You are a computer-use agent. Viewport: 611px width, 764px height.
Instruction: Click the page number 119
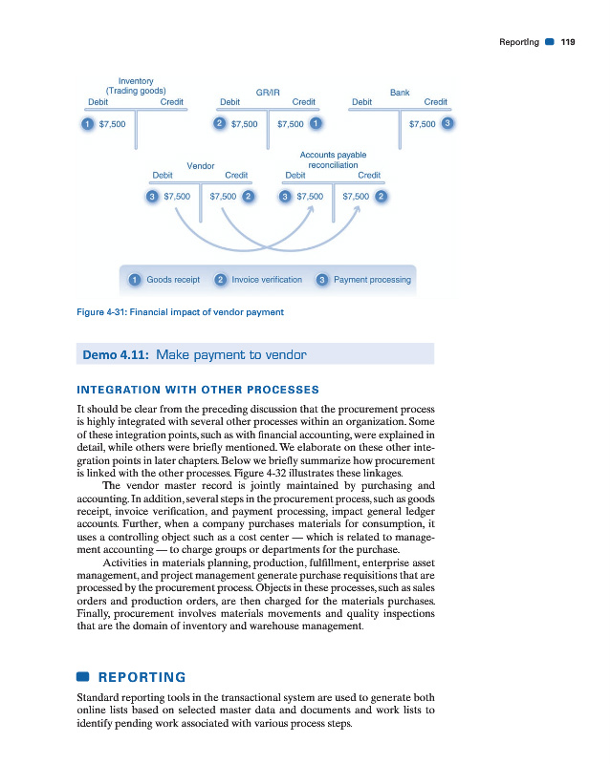point(568,42)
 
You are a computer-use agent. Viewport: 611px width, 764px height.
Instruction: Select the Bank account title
point(400,92)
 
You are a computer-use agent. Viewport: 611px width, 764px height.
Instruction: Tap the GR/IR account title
point(268,92)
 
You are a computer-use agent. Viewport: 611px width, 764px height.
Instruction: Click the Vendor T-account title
point(200,165)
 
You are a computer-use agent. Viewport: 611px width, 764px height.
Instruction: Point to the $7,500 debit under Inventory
point(112,123)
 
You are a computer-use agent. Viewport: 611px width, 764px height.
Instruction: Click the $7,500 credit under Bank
point(422,123)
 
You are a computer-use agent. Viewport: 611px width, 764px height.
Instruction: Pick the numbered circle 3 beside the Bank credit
point(447,123)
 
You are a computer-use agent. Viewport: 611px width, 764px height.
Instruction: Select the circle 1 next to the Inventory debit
point(87,123)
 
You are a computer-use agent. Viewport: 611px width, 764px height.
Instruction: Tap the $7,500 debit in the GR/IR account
point(244,123)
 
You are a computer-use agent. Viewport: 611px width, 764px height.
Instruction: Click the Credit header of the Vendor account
point(236,176)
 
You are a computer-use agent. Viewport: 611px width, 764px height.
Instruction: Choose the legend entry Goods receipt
point(172,280)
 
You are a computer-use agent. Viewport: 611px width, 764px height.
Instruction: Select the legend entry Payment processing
point(372,280)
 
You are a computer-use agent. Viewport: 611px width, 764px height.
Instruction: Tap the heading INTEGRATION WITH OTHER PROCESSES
point(196,390)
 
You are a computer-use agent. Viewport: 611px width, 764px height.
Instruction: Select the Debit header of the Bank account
point(362,102)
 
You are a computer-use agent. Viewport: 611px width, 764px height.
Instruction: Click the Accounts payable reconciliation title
point(333,159)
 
